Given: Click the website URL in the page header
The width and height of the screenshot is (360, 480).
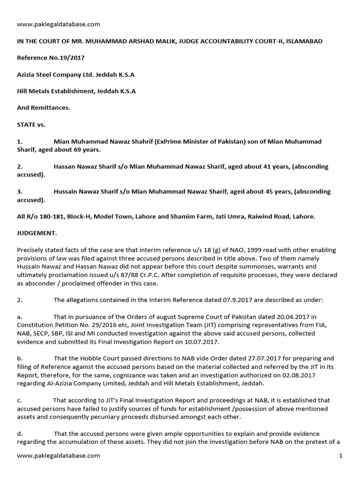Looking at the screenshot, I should (58, 24).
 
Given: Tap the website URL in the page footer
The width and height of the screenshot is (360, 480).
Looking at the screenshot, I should (58, 455).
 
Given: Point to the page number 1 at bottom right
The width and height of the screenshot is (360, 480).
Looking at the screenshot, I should (341, 455).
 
